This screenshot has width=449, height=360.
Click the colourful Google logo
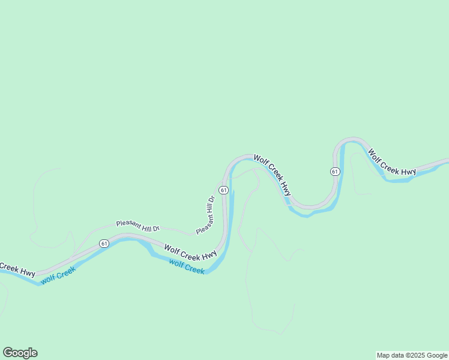(20, 353)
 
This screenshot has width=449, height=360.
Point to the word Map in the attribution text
(384, 355)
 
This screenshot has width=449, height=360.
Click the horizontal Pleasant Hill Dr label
(138, 226)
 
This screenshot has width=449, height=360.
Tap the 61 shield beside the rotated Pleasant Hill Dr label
(223, 190)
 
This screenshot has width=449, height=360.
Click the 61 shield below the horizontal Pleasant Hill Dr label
(104, 243)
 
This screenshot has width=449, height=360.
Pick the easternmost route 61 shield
(335, 172)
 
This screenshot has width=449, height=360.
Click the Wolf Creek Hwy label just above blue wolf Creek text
(190, 252)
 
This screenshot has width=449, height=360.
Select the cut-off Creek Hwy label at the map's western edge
(17, 269)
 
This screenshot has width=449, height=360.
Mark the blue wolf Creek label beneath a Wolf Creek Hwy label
(187, 266)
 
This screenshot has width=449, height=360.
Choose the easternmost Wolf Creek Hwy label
(392, 163)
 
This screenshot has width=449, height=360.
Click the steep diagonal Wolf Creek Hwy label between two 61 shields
(273, 175)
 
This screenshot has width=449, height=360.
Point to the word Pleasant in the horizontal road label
(128, 224)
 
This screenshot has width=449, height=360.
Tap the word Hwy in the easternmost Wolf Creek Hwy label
(408, 172)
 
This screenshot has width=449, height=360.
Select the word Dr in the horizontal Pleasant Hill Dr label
(156, 229)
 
